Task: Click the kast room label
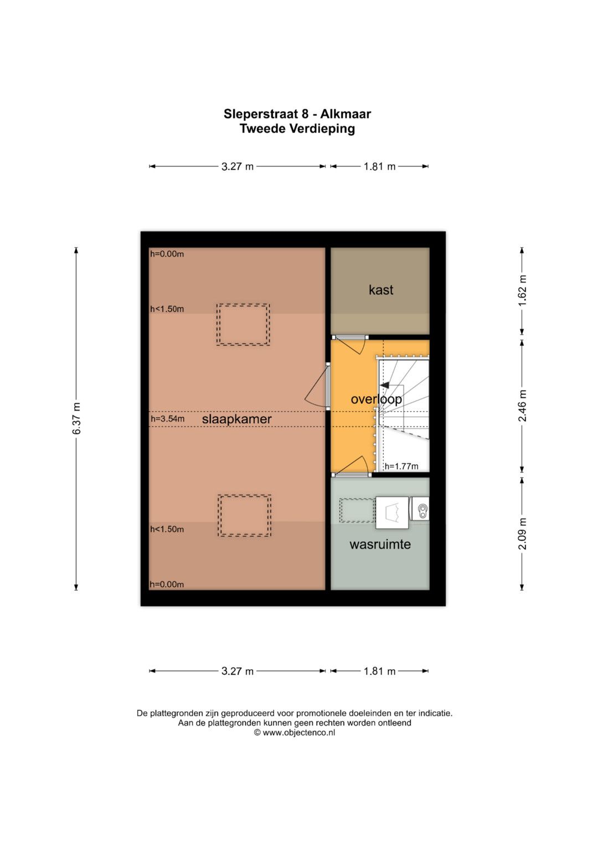(x=380, y=290)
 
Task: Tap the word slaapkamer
(x=237, y=419)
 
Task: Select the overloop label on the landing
(x=376, y=399)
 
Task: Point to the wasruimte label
(x=380, y=544)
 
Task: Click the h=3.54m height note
(x=168, y=418)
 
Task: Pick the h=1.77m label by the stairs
(x=401, y=466)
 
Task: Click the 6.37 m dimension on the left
(x=76, y=418)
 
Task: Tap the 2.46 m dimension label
(x=522, y=406)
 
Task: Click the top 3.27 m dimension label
(x=238, y=166)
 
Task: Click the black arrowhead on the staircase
(x=385, y=386)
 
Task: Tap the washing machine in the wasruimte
(x=392, y=513)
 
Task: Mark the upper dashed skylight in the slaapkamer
(x=243, y=325)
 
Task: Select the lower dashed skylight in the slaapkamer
(x=245, y=516)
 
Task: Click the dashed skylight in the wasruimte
(x=357, y=511)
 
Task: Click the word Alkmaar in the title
(x=346, y=114)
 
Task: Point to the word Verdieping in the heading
(x=322, y=129)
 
